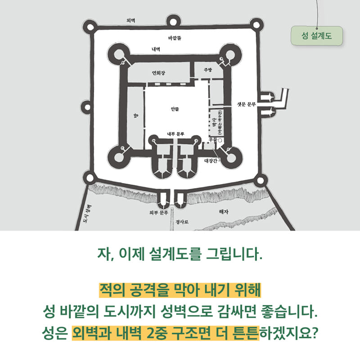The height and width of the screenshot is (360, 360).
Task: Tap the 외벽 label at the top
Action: click(131, 21)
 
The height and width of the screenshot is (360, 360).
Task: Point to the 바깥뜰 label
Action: click(175, 39)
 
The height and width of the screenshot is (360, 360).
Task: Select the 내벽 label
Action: click(156, 49)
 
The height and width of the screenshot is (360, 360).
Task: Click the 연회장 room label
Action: click(160, 72)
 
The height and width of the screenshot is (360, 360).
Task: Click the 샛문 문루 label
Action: click(246, 104)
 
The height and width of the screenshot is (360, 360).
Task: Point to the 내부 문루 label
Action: click(175, 134)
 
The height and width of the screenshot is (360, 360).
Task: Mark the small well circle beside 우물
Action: click(220, 141)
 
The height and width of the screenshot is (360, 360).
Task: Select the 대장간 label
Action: click(211, 160)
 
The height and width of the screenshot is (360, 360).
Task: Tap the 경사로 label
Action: click(182, 221)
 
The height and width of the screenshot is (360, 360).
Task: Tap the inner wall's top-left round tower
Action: click(121, 56)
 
